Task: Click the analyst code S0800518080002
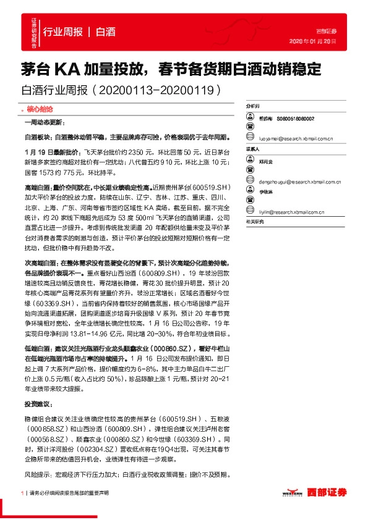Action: [296, 119]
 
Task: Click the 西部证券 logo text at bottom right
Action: [326, 492]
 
